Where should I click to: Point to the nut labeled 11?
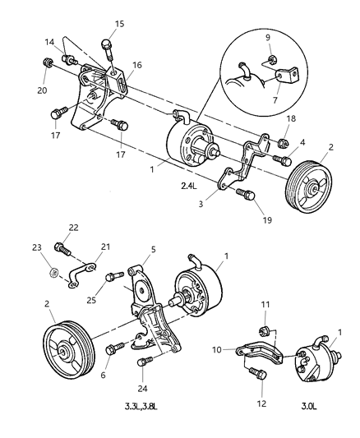265,330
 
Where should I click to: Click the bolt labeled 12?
256,376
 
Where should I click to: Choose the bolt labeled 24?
142,362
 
